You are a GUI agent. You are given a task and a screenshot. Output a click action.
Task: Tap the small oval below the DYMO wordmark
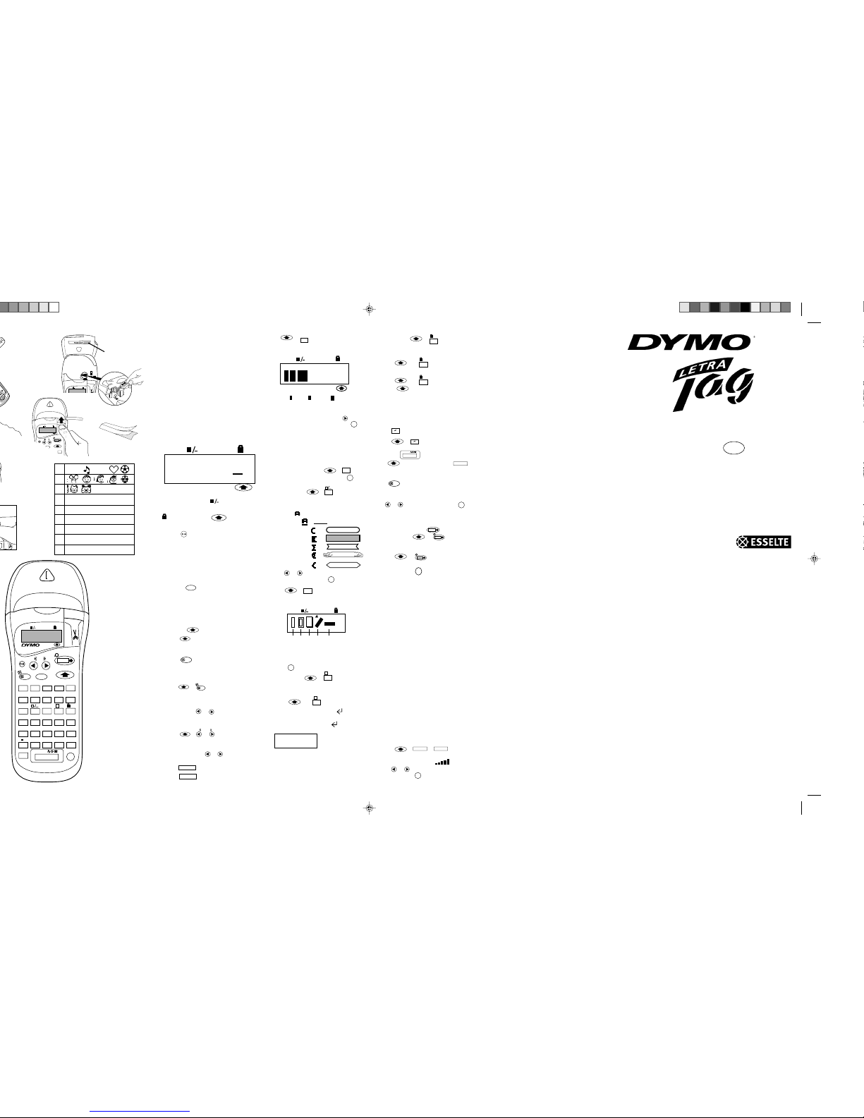click(734, 448)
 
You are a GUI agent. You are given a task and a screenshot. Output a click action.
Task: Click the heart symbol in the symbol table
click(113, 469)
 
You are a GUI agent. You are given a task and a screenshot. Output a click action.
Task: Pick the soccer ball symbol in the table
click(125, 469)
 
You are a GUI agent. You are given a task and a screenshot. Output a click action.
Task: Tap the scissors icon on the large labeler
click(75, 633)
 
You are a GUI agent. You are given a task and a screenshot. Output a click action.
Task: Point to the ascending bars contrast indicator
click(442, 762)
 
